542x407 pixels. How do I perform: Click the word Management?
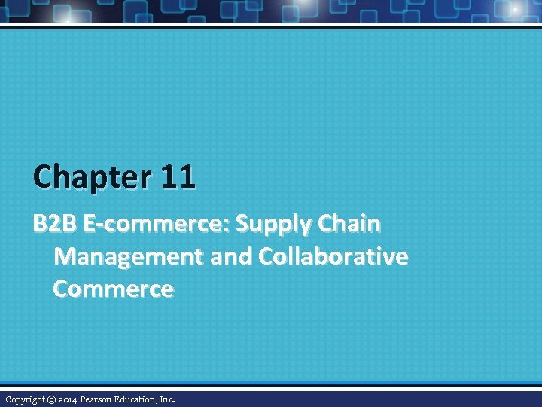coord(129,257)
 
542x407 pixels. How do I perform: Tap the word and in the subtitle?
coord(230,257)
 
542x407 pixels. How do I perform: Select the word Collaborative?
coord(333,257)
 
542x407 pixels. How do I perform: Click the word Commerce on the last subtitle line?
coord(113,289)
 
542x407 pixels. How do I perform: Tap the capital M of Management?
coord(65,257)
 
